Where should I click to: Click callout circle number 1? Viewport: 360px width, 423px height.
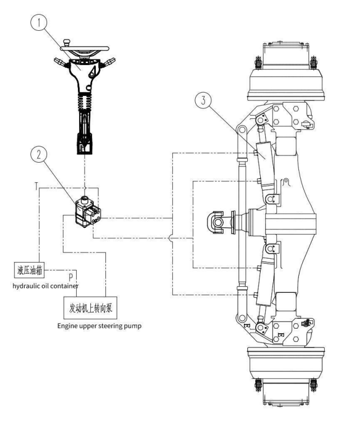pyautogui.click(x=39, y=22)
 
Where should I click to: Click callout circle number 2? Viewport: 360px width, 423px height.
pyautogui.click(x=39, y=155)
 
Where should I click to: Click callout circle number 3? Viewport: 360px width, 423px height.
pyautogui.click(x=203, y=100)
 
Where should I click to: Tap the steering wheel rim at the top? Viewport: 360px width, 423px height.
pyautogui.click(x=85, y=49)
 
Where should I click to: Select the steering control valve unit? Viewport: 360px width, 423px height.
pyautogui.click(x=88, y=211)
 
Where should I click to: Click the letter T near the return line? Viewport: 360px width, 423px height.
pyautogui.click(x=36, y=186)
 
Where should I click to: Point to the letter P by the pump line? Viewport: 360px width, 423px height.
pyautogui.click(x=71, y=277)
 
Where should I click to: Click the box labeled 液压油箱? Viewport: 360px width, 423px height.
pyautogui.click(x=29, y=270)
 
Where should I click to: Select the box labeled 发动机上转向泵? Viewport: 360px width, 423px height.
pyautogui.click(x=90, y=308)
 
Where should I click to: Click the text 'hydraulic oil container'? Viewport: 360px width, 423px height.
pyautogui.click(x=45, y=286)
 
